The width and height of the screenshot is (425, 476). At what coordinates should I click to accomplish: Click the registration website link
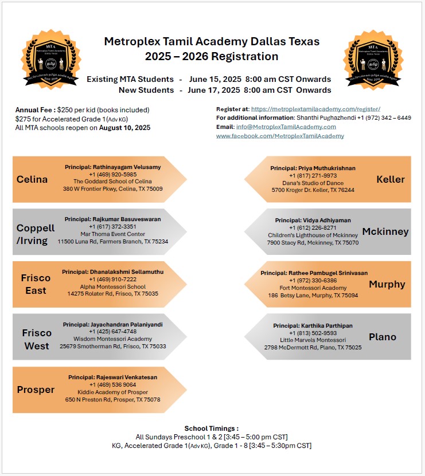click(315, 109)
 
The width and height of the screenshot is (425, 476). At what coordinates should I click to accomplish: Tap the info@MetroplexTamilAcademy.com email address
click(286, 127)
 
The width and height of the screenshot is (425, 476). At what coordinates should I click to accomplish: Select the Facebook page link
click(280, 136)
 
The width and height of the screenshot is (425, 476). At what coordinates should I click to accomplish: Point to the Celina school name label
click(32, 179)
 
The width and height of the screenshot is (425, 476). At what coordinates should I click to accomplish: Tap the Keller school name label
click(391, 179)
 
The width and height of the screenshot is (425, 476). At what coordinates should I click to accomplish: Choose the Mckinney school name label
click(385, 231)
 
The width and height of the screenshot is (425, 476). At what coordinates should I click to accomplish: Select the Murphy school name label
click(387, 284)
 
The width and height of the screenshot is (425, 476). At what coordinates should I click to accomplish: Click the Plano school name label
click(383, 337)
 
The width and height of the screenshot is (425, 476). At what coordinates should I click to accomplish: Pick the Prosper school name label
click(36, 390)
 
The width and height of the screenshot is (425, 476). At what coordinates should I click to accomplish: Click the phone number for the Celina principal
click(112, 174)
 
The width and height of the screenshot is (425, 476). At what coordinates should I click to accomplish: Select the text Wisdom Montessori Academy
click(112, 339)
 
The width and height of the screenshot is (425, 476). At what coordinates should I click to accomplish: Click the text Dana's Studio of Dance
click(313, 182)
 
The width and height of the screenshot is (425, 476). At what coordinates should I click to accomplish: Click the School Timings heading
click(211, 428)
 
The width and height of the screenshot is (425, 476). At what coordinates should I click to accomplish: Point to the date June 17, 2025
click(215, 90)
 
